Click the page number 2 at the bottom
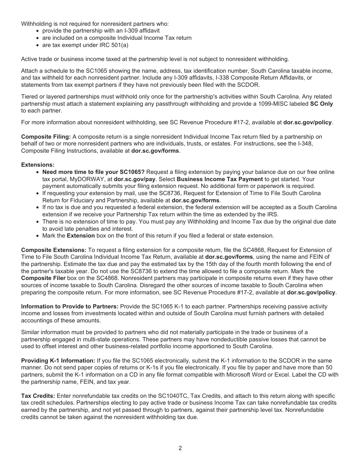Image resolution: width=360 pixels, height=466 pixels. (x=180, y=448)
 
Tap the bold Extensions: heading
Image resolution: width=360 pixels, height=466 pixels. (x=38, y=165)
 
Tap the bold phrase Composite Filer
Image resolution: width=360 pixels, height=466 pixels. (x=43, y=278)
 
